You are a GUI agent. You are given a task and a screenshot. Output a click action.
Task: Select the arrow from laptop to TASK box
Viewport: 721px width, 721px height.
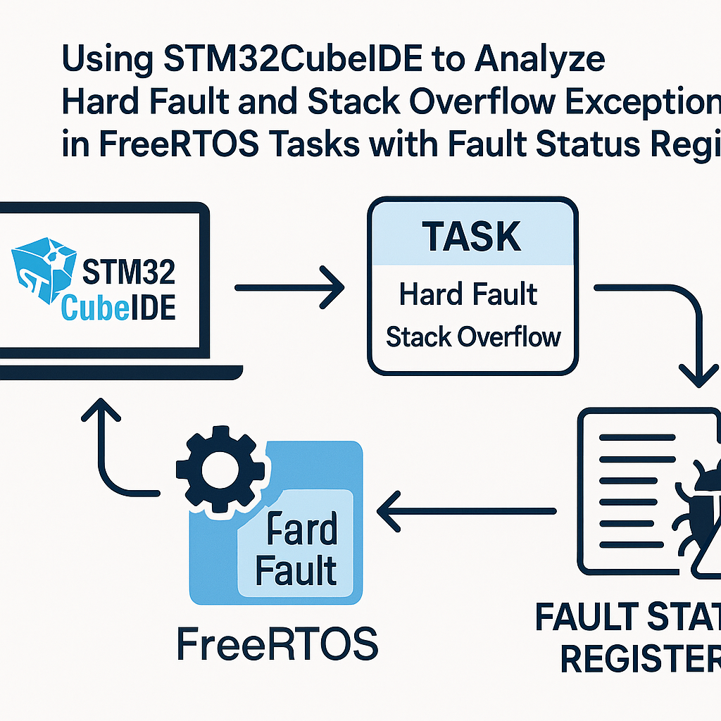pyautogui.click(x=289, y=287)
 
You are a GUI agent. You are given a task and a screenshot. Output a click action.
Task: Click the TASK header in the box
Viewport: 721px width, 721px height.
pyautogui.click(x=472, y=237)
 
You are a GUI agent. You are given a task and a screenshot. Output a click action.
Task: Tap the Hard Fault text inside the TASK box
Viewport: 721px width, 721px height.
pyautogui.click(x=468, y=294)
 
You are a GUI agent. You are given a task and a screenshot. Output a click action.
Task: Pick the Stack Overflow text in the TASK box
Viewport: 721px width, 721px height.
pyautogui.click(x=473, y=337)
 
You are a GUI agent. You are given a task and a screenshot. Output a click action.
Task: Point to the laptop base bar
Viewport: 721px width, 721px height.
pyautogui.click(x=120, y=371)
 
